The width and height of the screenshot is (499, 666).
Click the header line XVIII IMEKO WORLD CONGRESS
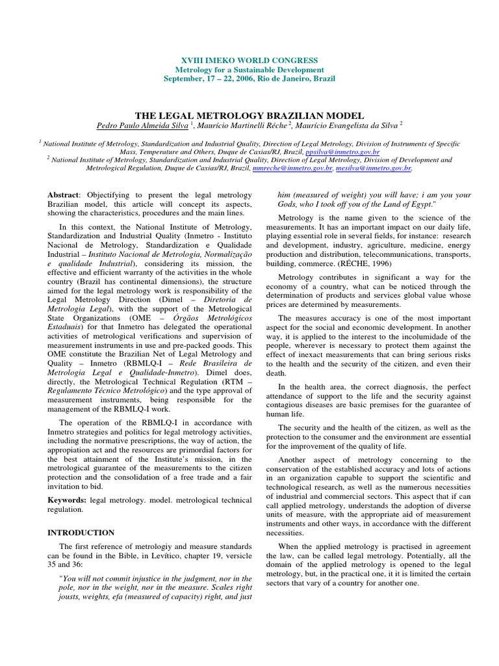[249, 60]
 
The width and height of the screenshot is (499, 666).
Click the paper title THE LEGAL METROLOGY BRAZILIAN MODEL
[249, 114]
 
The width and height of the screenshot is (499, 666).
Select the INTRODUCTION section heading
[81, 533]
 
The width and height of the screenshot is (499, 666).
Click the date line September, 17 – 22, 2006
[249, 79]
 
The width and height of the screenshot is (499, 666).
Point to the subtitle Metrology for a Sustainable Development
[249, 70]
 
